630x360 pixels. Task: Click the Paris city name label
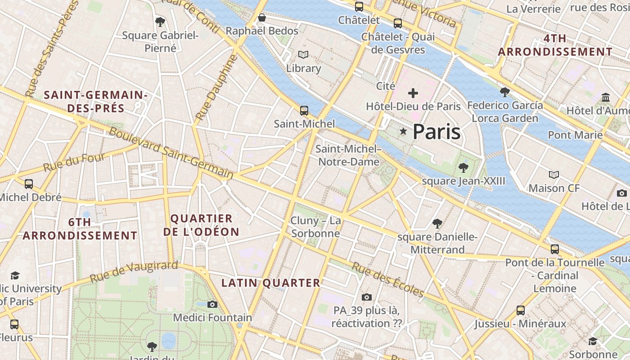pyautogui.click(x=436, y=132)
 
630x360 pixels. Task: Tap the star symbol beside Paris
pyautogui.click(x=403, y=131)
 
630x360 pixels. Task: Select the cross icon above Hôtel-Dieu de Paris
pyautogui.click(x=413, y=93)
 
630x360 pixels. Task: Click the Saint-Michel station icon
pyautogui.click(x=304, y=110)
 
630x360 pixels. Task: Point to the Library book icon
pyautogui.click(x=304, y=55)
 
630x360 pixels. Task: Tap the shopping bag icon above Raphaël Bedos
pyautogui.click(x=262, y=18)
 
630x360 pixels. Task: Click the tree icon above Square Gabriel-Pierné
pyautogui.click(x=160, y=22)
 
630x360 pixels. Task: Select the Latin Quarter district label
pyautogui.click(x=270, y=283)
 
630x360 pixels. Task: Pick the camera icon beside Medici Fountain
pyautogui.click(x=212, y=305)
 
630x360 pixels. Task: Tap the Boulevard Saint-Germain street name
pyautogui.click(x=171, y=153)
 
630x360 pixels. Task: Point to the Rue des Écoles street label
pyautogui.click(x=388, y=280)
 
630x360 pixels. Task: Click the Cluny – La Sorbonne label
pyautogui.click(x=315, y=227)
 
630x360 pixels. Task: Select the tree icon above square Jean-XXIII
pyautogui.click(x=463, y=168)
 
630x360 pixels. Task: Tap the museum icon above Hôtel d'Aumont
pyautogui.click(x=606, y=97)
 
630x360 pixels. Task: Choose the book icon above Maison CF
pyautogui.click(x=554, y=175)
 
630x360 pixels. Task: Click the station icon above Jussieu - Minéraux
pyautogui.click(x=520, y=310)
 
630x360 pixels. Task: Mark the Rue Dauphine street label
pyautogui.click(x=216, y=88)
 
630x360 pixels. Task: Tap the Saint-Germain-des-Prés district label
pyautogui.click(x=96, y=102)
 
